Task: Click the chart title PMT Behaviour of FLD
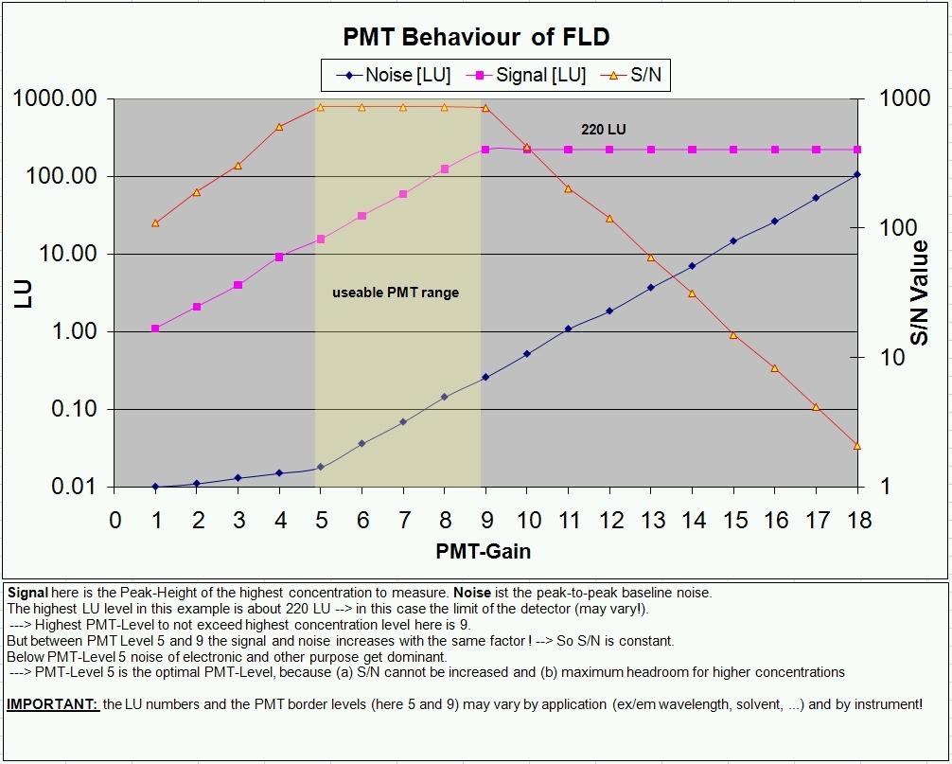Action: (475, 37)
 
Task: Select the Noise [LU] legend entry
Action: (394, 75)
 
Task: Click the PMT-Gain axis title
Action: (484, 550)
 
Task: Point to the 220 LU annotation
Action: (603, 129)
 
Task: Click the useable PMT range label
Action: (396, 293)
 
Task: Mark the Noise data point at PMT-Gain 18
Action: (857, 174)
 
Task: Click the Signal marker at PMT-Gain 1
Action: (156, 329)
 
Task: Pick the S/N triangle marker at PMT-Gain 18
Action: (857, 445)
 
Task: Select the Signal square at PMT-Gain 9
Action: (485, 150)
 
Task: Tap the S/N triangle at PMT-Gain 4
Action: (279, 126)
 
